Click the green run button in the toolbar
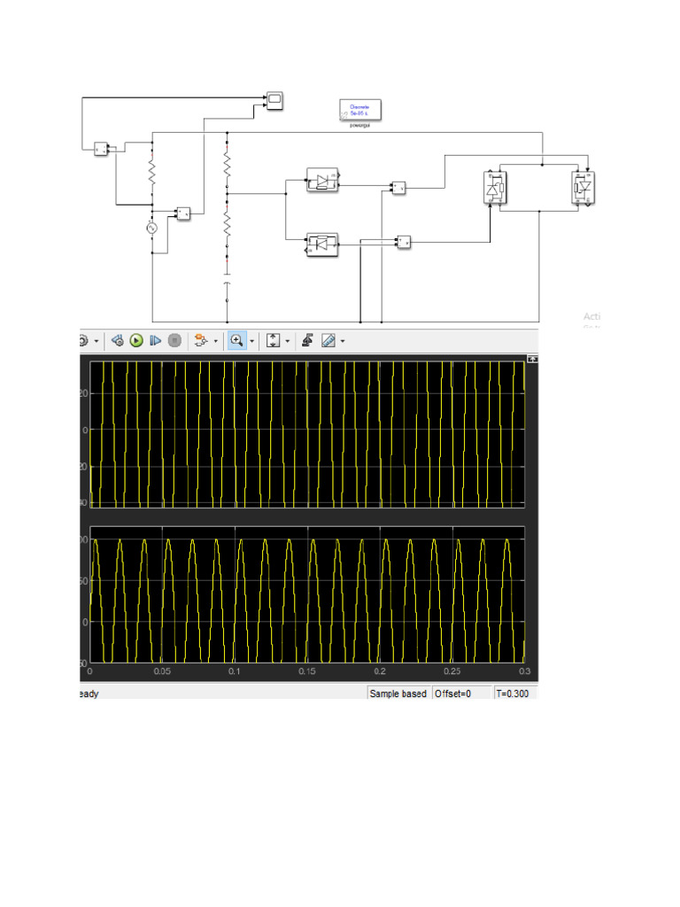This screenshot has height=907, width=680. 136,340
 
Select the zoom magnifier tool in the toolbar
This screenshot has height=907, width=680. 236,340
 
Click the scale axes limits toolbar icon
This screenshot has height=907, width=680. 274,340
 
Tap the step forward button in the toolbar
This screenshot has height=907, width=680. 156,340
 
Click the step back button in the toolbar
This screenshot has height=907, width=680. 117,340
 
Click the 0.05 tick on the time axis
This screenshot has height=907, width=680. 162,672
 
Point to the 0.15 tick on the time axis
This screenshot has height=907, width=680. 307,672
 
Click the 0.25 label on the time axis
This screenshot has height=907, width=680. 452,672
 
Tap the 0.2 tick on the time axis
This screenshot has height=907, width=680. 380,672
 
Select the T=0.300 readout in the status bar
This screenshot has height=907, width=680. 514,694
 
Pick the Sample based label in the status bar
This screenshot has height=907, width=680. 398,694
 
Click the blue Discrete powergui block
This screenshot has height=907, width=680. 360,110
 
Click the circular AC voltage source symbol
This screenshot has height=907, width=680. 151,228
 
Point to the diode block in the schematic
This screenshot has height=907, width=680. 321,181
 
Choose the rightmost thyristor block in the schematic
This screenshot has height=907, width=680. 583,188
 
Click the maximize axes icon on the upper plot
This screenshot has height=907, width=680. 532,359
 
